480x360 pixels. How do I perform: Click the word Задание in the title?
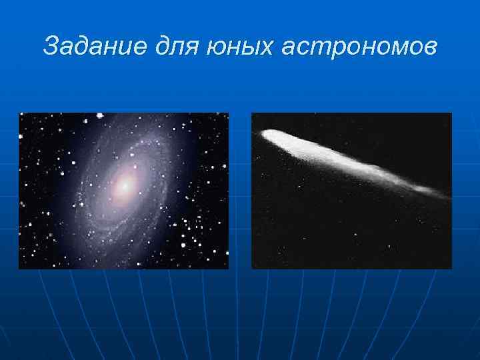[x=87, y=47]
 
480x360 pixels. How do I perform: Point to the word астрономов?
[x=361, y=47]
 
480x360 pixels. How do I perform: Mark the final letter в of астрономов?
[x=429, y=48]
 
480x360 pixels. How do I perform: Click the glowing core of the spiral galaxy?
[x=123, y=187]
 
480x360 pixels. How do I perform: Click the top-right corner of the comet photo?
[x=451, y=113]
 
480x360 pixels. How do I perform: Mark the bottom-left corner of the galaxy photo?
[x=19, y=268]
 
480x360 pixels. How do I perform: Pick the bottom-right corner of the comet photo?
[x=451, y=268]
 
